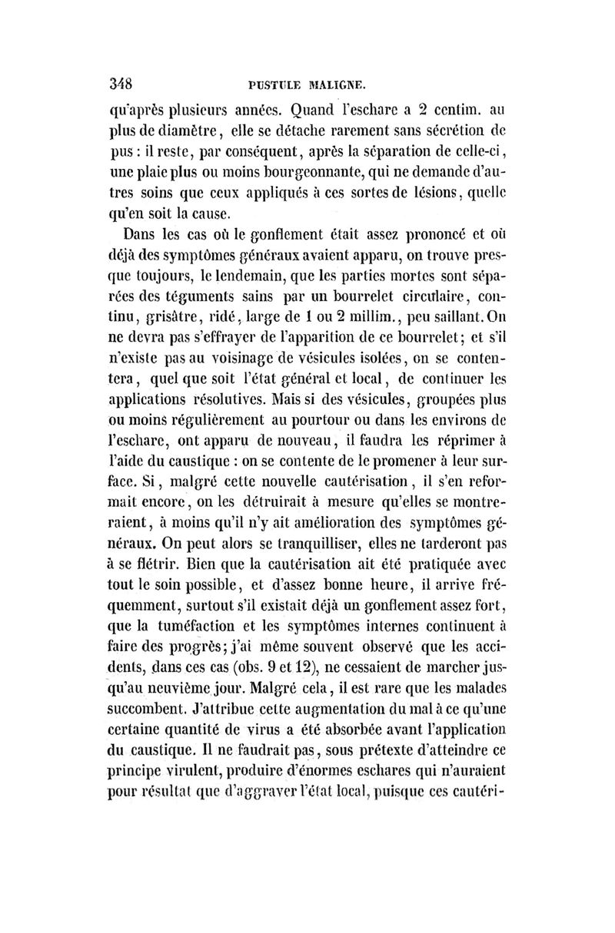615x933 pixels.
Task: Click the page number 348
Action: pos(123,84)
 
